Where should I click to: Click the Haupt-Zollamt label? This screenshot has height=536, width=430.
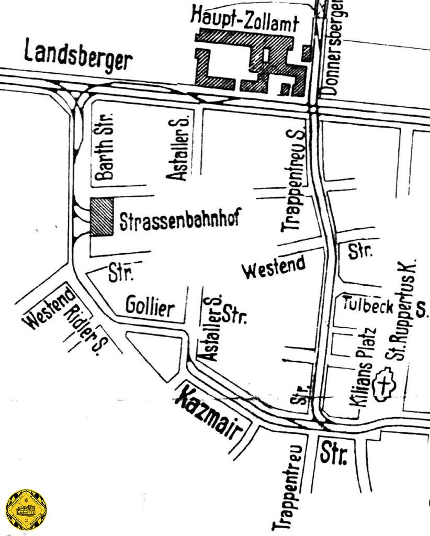click(x=244, y=20)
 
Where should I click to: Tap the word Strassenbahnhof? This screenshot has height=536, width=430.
click(x=179, y=220)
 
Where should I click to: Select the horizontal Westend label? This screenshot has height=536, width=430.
click(x=275, y=267)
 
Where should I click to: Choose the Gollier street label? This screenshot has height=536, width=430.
click(x=150, y=307)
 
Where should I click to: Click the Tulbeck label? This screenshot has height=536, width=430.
click(x=368, y=305)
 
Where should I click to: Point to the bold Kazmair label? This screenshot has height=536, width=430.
click(x=211, y=417)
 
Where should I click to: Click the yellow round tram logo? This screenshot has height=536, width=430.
click(x=24, y=510)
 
